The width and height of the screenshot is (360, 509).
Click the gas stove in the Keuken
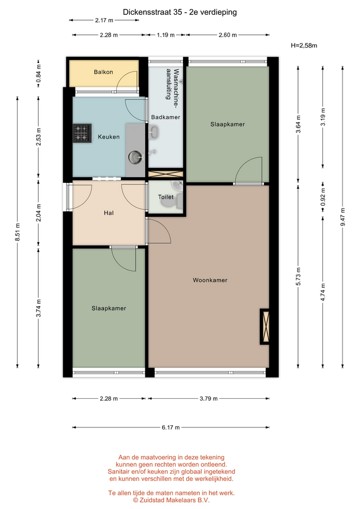pyautogui.click(x=82, y=133)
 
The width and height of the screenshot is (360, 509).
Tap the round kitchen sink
pyautogui.click(x=134, y=157)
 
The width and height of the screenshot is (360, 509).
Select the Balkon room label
pyautogui.click(x=103, y=72)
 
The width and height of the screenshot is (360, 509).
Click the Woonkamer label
pyautogui.click(x=210, y=280)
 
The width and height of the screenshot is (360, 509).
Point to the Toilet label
pyautogui.click(x=165, y=197)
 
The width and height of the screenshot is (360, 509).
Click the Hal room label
pyautogui.click(x=109, y=213)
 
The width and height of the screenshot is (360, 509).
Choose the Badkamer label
pyautogui.click(x=165, y=117)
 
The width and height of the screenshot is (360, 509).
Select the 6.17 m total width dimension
pyautogui.click(x=171, y=427)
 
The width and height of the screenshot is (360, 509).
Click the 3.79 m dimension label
pyautogui.click(x=208, y=398)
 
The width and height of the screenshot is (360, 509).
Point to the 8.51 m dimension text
pyautogui.click(x=17, y=232)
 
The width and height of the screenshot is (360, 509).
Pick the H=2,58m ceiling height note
pyautogui.click(x=304, y=46)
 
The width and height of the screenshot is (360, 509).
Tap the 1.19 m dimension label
pyautogui.click(x=165, y=35)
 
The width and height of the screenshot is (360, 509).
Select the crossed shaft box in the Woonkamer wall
pyautogui.click(x=265, y=326)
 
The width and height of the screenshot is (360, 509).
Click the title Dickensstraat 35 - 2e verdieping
pyautogui.click(x=180, y=12)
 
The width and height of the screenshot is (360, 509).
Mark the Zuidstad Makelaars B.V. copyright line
pyautogui.click(x=171, y=500)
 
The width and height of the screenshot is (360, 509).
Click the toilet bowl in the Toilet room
pyautogui.click(x=169, y=202)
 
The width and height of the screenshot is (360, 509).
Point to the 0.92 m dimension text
pyautogui.click(x=323, y=197)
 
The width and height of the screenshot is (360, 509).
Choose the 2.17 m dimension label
pyautogui.click(x=104, y=20)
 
